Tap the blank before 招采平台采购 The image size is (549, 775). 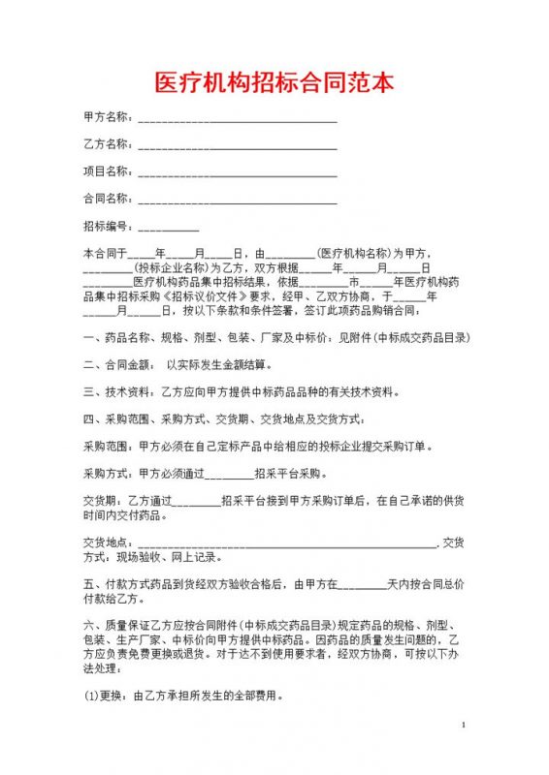pyautogui.click(x=228, y=476)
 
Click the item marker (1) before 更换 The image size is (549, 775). pyautogui.click(x=92, y=696)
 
